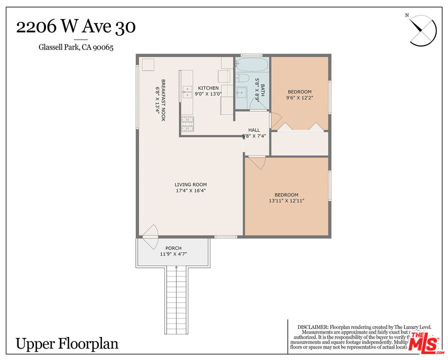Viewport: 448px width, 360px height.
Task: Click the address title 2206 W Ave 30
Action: point(75,27)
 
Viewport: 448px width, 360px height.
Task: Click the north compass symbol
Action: point(423,30)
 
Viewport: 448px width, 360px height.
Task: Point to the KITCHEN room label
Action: point(208,88)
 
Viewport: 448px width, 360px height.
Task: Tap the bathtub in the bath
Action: point(252,65)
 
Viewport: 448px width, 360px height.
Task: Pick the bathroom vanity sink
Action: point(241,92)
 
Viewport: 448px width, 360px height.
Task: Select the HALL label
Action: point(254,130)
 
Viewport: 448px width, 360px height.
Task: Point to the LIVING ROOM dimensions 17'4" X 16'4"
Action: point(190,190)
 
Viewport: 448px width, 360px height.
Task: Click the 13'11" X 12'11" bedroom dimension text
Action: point(286,201)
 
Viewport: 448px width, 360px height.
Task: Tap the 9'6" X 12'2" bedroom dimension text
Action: point(299,98)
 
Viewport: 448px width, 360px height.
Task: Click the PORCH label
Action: point(173,248)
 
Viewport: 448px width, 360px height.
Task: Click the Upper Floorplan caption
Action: point(67,344)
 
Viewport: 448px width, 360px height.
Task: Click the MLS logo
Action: point(423,341)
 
